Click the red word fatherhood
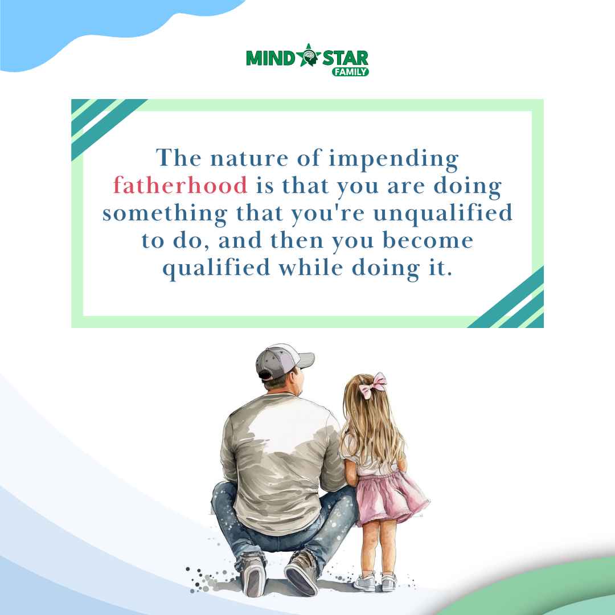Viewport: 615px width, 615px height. point(180,186)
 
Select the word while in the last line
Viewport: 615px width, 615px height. point(311,268)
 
